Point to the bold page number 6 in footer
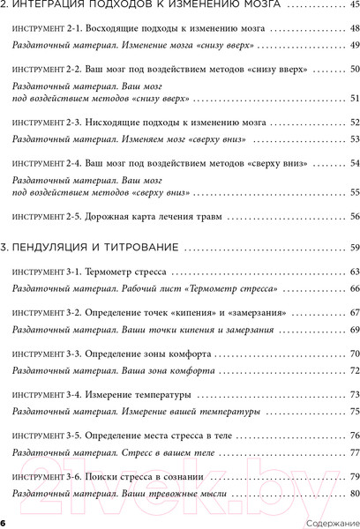4,522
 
